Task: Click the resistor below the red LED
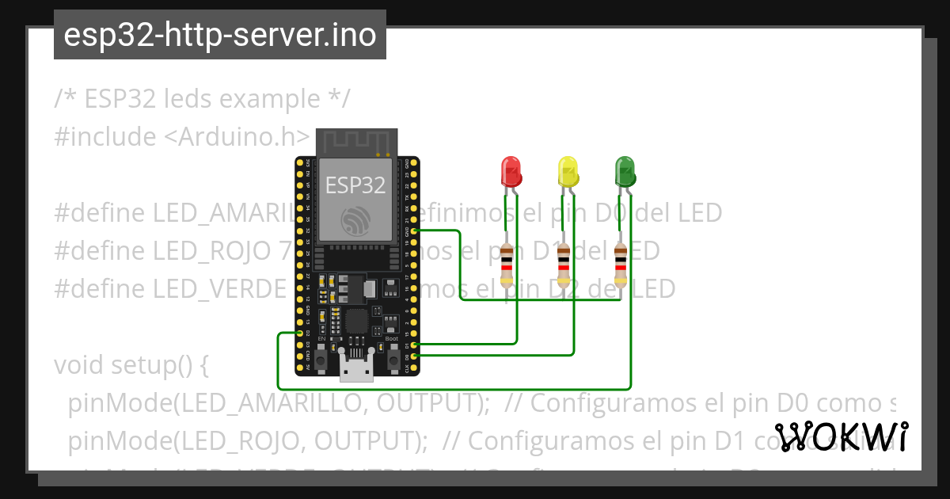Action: (x=507, y=265)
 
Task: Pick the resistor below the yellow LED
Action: (x=564, y=265)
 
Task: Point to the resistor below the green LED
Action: (x=621, y=265)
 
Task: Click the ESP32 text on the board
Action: (x=355, y=185)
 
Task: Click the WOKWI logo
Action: (x=842, y=437)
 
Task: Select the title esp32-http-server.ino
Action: (x=220, y=35)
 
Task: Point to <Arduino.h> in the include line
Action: (x=226, y=136)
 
